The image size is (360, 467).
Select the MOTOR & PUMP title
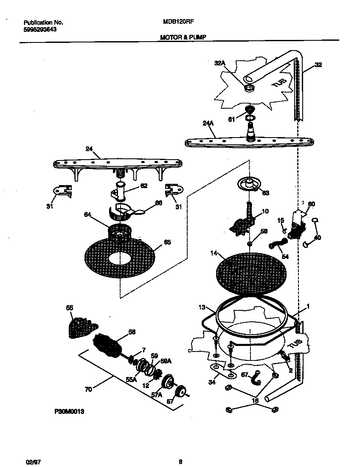(x=183, y=37)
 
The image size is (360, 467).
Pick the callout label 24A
(x=208, y=124)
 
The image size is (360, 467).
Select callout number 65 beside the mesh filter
(x=167, y=242)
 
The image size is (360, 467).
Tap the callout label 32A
(x=219, y=63)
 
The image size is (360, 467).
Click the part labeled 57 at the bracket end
(x=181, y=391)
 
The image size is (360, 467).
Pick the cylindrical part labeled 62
(x=120, y=191)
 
